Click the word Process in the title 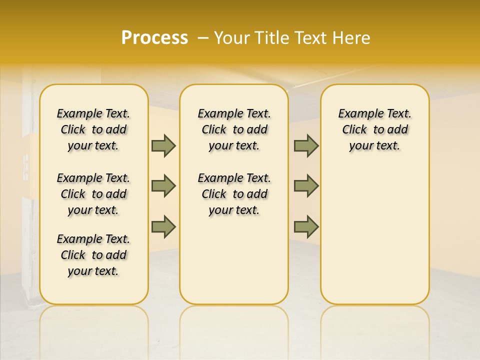tap(154, 37)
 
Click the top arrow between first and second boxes tap(163, 146)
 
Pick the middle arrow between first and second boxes tap(163, 186)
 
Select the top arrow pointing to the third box tap(306, 146)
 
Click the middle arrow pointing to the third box tap(306, 186)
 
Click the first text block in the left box tap(93, 129)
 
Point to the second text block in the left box tap(93, 194)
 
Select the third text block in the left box tap(93, 255)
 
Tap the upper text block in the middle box tap(234, 129)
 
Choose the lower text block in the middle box tap(234, 194)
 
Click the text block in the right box tap(374, 129)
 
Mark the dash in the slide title tap(203, 38)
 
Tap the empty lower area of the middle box tap(234, 260)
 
